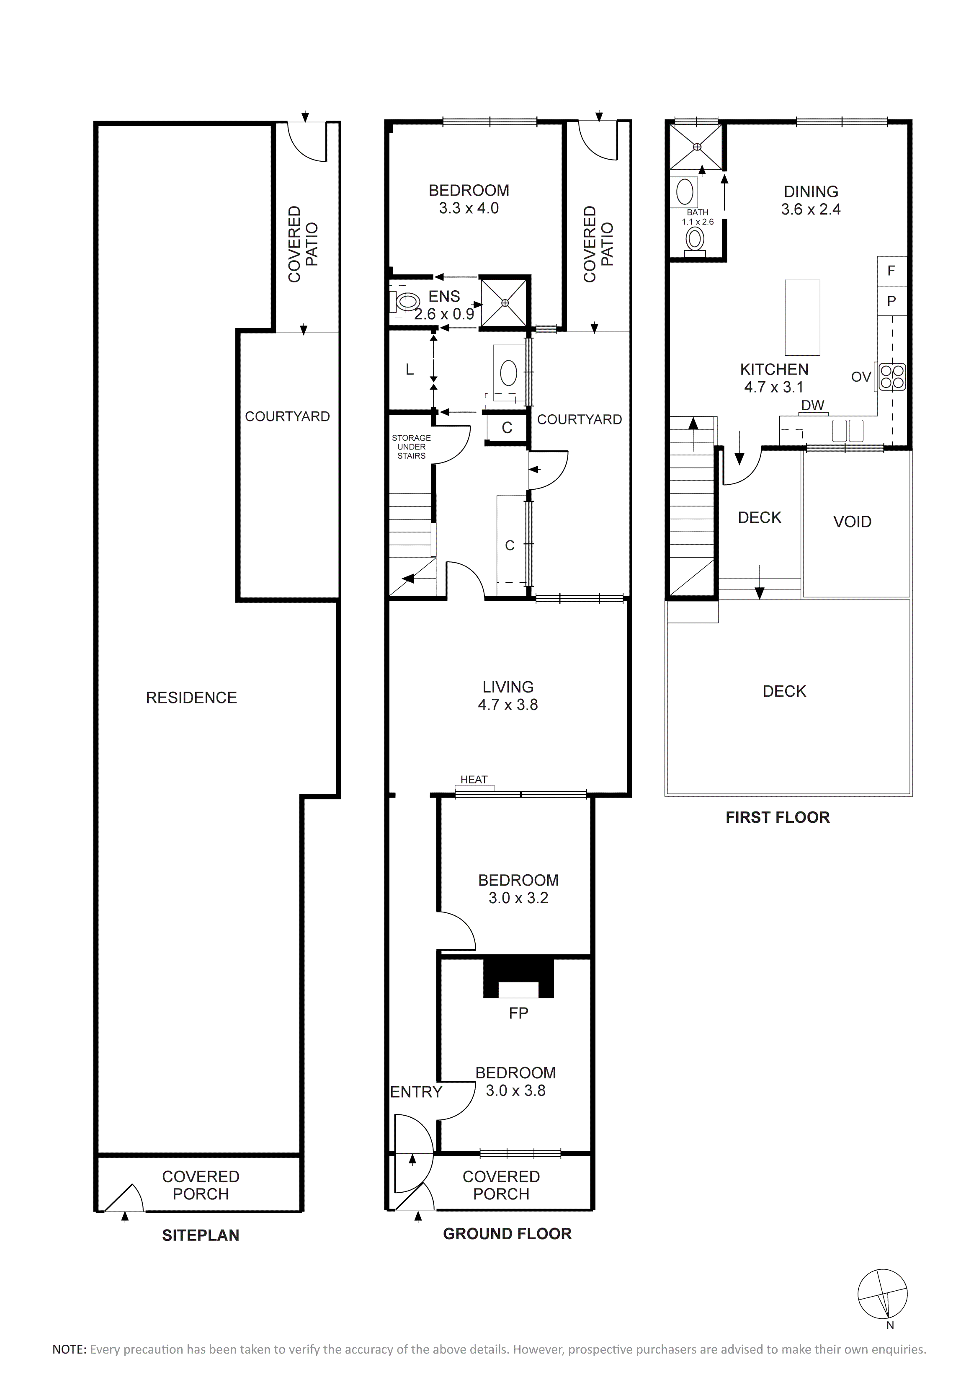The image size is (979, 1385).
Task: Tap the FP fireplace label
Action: point(518,1013)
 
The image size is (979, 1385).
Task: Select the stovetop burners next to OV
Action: point(891,376)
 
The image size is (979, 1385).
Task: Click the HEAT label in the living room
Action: point(474,779)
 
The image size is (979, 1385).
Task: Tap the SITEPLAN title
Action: point(201,1235)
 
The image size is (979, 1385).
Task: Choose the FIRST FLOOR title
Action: point(778,817)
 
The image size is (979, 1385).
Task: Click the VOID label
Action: point(853,522)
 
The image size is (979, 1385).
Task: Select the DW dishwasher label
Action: point(813,406)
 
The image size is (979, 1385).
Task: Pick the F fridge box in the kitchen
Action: point(891,271)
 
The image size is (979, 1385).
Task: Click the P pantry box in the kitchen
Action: point(891,300)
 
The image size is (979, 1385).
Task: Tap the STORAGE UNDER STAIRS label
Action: point(411,447)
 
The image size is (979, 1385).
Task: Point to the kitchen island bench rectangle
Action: point(802,317)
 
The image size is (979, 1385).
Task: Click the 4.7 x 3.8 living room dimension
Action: point(508,705)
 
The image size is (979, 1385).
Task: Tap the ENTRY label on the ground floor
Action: point(416,1092)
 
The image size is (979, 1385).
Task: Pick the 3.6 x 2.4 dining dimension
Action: point(811,209)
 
